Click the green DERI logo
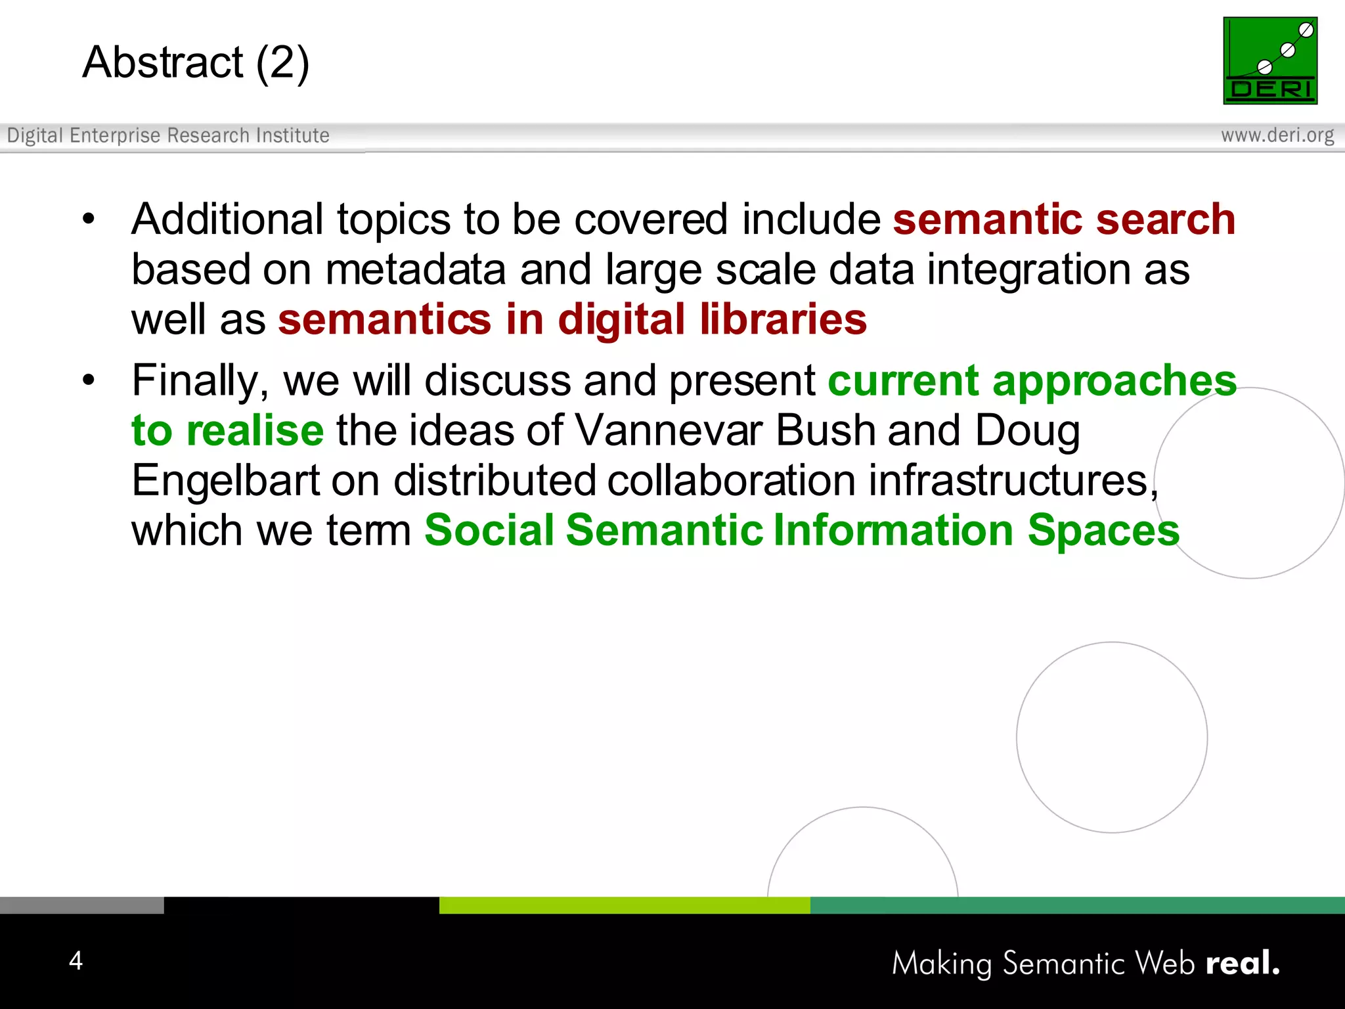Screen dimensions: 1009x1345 (x=1269, y=60)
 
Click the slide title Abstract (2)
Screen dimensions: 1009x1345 (x=196, y=62)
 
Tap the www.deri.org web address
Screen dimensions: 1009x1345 (x=1277, y=135)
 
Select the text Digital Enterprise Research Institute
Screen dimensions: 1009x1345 (x=168, y=135)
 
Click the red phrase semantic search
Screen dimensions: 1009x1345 (x=1063, y=219)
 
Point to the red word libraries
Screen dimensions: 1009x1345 (x=783, y=320)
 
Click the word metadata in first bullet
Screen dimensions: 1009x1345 (x=415, y=270)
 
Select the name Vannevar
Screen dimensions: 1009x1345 (x=669, y=431)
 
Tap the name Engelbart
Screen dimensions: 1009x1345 (x=225, y=481)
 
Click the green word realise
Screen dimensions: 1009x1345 (x=255, y=431)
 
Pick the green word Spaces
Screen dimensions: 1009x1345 (x=1103, y=530)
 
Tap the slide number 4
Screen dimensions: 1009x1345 (x=76, y=960)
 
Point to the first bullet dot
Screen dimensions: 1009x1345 (x=89, y=219)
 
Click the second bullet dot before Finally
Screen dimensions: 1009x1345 (x=89, y=380)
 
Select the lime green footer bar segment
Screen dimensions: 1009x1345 (x=624, y=905)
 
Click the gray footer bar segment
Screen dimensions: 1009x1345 (x=81, y=905)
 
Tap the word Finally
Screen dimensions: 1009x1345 (x=200, y=381)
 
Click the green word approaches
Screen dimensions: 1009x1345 (x=1114, y=381)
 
